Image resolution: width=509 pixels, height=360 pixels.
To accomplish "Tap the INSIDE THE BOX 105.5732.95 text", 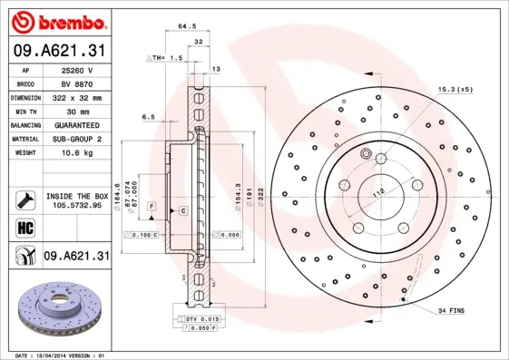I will (78, 201).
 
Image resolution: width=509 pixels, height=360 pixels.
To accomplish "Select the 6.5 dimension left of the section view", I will (148, 116).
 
